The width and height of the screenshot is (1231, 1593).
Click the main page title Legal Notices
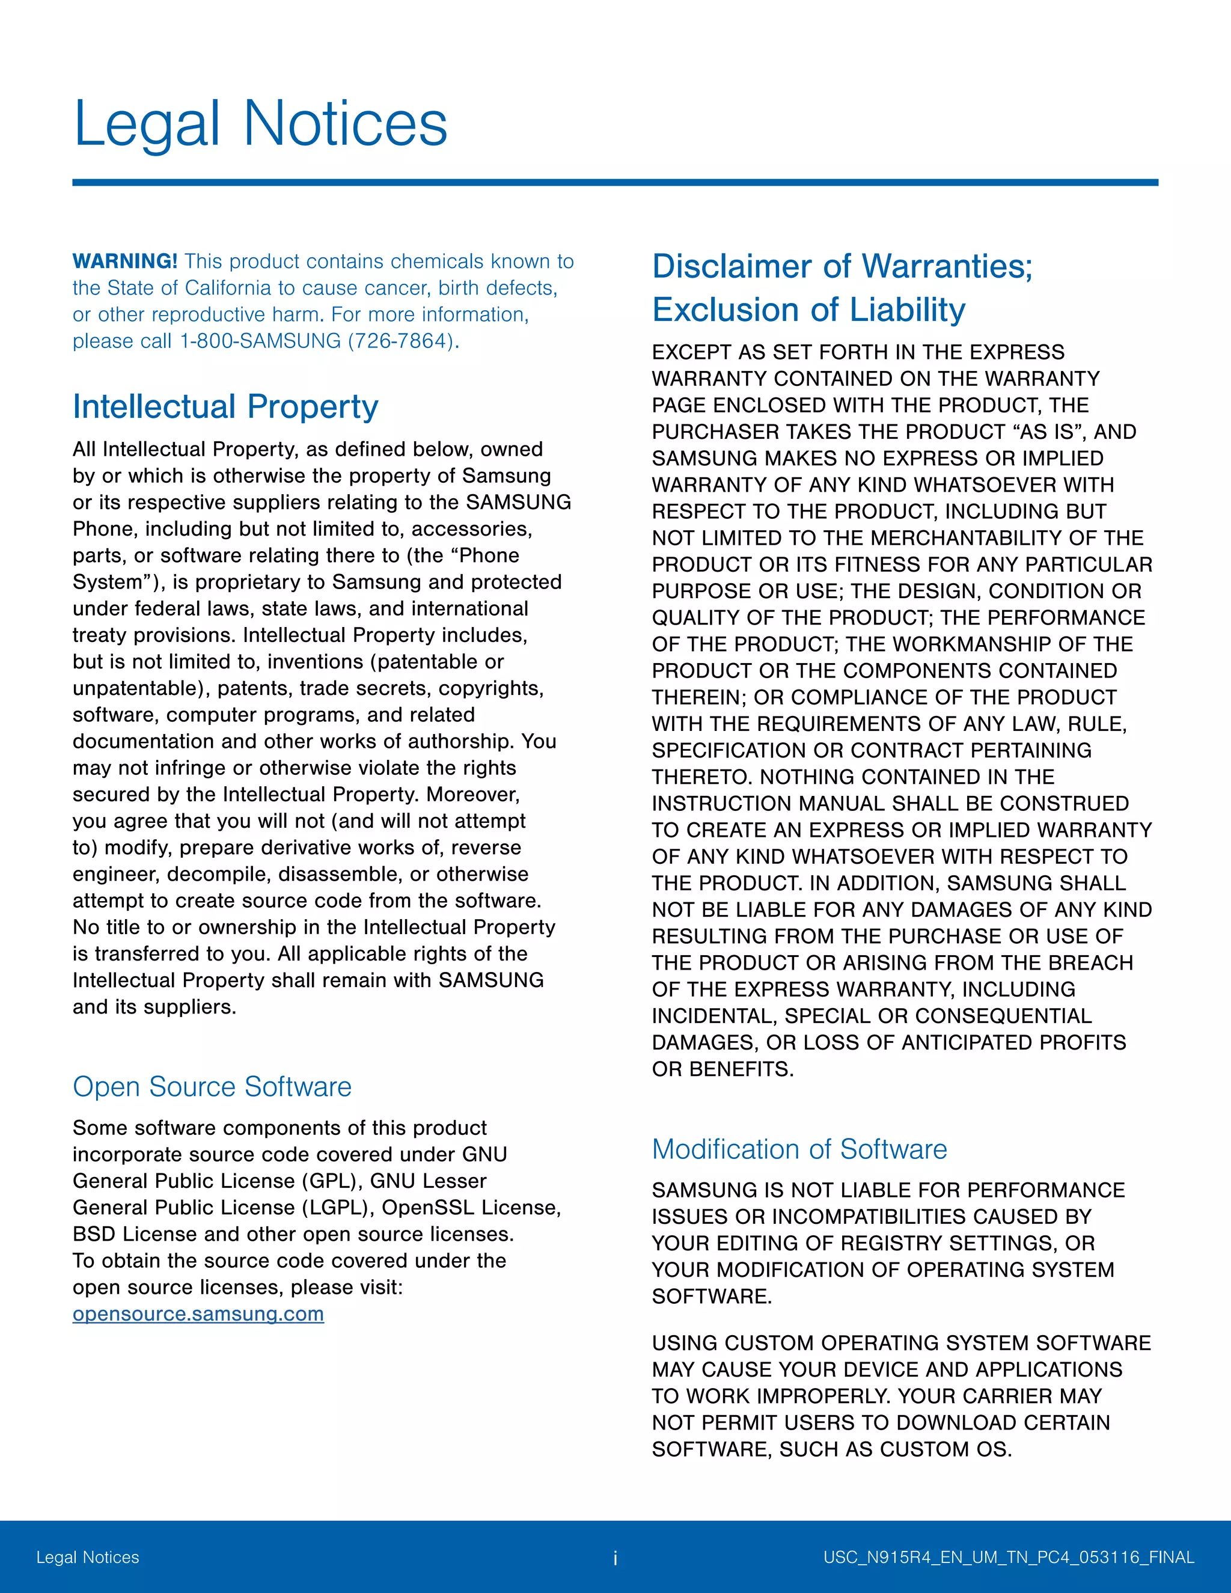260,124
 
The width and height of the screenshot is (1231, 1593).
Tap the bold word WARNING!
124,261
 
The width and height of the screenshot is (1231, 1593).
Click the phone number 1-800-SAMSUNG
260,341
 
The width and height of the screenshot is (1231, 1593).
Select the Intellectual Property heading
225,406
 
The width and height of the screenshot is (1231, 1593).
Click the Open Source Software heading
212,1086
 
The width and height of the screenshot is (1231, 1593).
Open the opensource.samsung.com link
198,1313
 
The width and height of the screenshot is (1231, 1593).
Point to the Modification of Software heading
799,1149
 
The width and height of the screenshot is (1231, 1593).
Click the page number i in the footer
615,1558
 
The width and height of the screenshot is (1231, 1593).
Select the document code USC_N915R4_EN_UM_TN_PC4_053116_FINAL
1009,1558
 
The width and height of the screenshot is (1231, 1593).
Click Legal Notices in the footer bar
88,1558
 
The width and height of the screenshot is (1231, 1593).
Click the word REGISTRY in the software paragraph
823,1243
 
